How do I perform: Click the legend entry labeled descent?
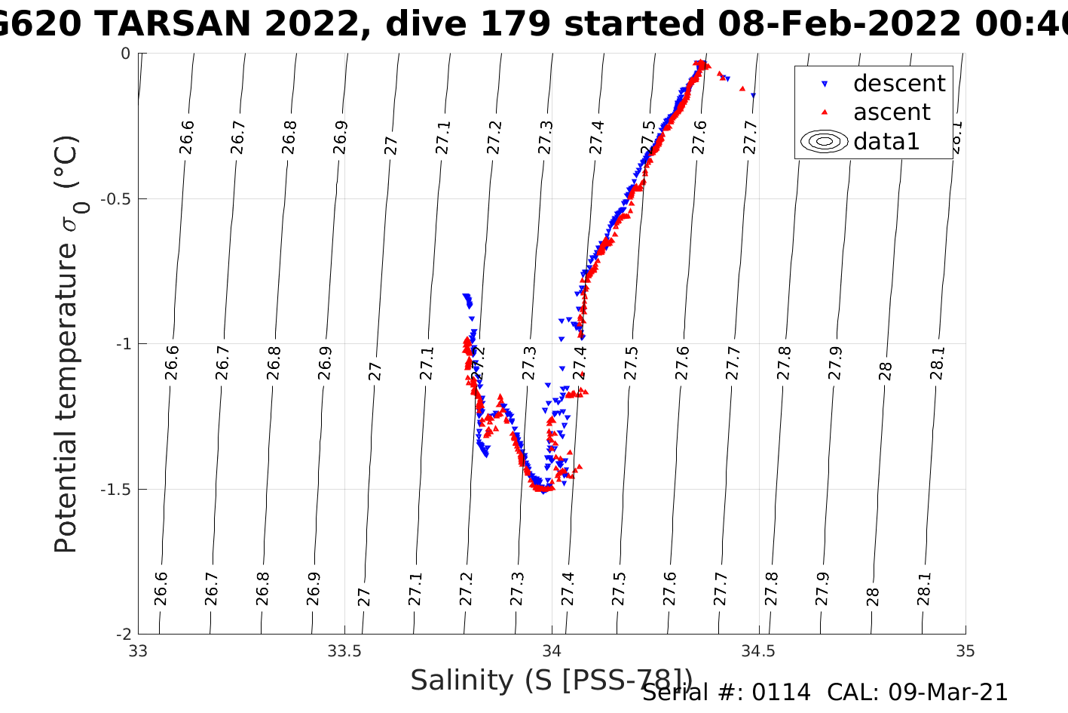[x=898, y=83]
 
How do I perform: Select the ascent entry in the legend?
[x=892, y=112]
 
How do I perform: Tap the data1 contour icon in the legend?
[x=825, y=141]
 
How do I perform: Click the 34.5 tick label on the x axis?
[x=758, y=651]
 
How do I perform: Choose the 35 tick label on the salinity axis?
[x=965, y=651]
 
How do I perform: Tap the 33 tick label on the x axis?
[x=139, y=651]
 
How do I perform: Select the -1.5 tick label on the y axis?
[x=115, y=490]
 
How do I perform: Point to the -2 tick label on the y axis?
[x=121, y=635]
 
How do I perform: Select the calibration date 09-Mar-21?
[x=947, y=693]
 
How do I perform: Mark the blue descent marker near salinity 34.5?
[x=753, y=95]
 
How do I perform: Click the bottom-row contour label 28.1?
[x=924, y=589]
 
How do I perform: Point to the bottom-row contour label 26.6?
[x=161, y=589]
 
